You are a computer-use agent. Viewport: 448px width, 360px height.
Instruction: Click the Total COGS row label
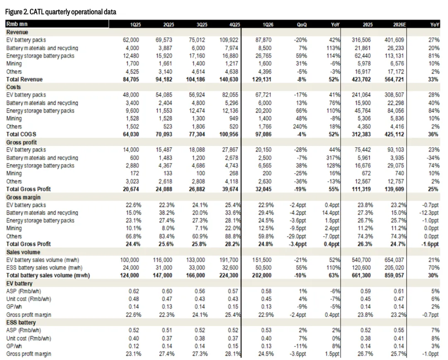point(21,134)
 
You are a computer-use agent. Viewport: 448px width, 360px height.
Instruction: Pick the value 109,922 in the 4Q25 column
point(229,40)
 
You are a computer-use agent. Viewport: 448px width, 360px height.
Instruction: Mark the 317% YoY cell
point(333,158)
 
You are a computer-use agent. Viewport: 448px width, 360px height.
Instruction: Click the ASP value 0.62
point(134,291)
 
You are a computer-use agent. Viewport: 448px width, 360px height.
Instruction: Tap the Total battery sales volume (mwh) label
point(48,275)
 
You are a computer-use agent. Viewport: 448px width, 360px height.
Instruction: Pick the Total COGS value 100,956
point(229,134)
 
